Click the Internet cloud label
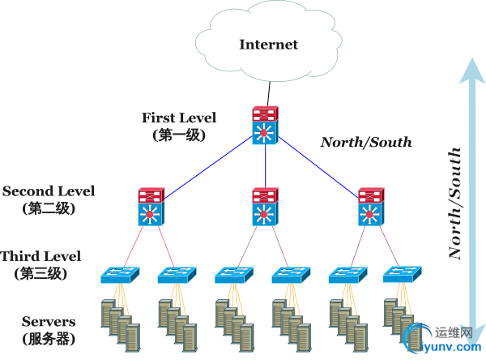tap(268, 45)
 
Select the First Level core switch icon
tap(265, 126)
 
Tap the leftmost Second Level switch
tap(151, 207)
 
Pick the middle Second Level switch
tap(265, 207)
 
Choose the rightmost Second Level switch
tap(371, 207)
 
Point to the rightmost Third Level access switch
tap(400, 275)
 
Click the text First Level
tap(179, 118)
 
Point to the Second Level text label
tap(49, 191)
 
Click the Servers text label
tap(49, 322)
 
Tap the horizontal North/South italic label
tap(366, 143)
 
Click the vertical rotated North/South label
tap(456, 203)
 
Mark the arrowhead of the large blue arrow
tap(468, 71)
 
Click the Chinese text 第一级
tap(179, 135)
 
